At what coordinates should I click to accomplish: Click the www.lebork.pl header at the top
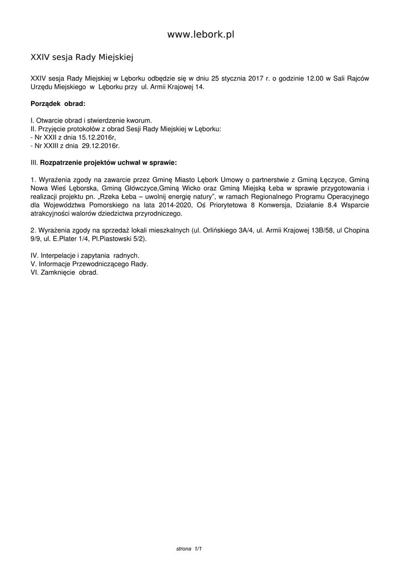[x=201, y=34]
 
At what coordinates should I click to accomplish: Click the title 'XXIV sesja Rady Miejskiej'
[x=82, y=57]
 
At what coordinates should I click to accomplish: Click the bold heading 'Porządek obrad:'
[x=58, y=104]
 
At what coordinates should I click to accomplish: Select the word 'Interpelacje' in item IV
[x=59, y=255]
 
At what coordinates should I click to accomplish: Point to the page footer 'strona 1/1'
[x=188, y=549]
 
